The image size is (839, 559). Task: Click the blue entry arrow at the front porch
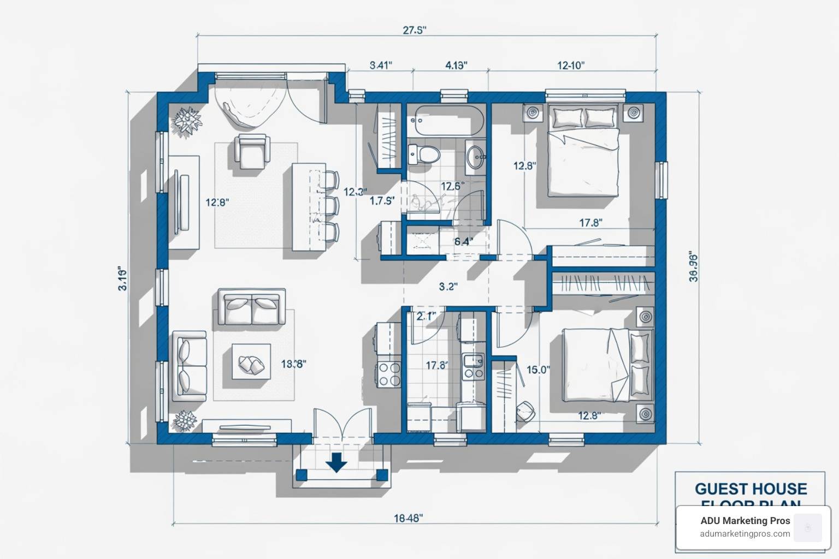coord(336,462)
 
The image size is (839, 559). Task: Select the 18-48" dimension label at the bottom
coord(408,518)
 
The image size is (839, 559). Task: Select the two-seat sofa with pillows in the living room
coord(251,307)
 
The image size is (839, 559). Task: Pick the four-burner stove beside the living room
coord(388,374)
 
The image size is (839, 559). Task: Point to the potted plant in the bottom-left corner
coord(186,421)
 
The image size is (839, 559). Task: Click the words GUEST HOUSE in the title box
coord(750,488)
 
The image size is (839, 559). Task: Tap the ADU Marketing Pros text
coord(745,521)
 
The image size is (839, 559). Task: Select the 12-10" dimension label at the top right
coord(571,66)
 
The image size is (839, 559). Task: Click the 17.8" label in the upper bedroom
coord(590,223)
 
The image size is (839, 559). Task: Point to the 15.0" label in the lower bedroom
coord(537,370)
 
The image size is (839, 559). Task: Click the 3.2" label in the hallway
coord(448,287)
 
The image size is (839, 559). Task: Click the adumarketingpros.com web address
coord(745,534)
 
